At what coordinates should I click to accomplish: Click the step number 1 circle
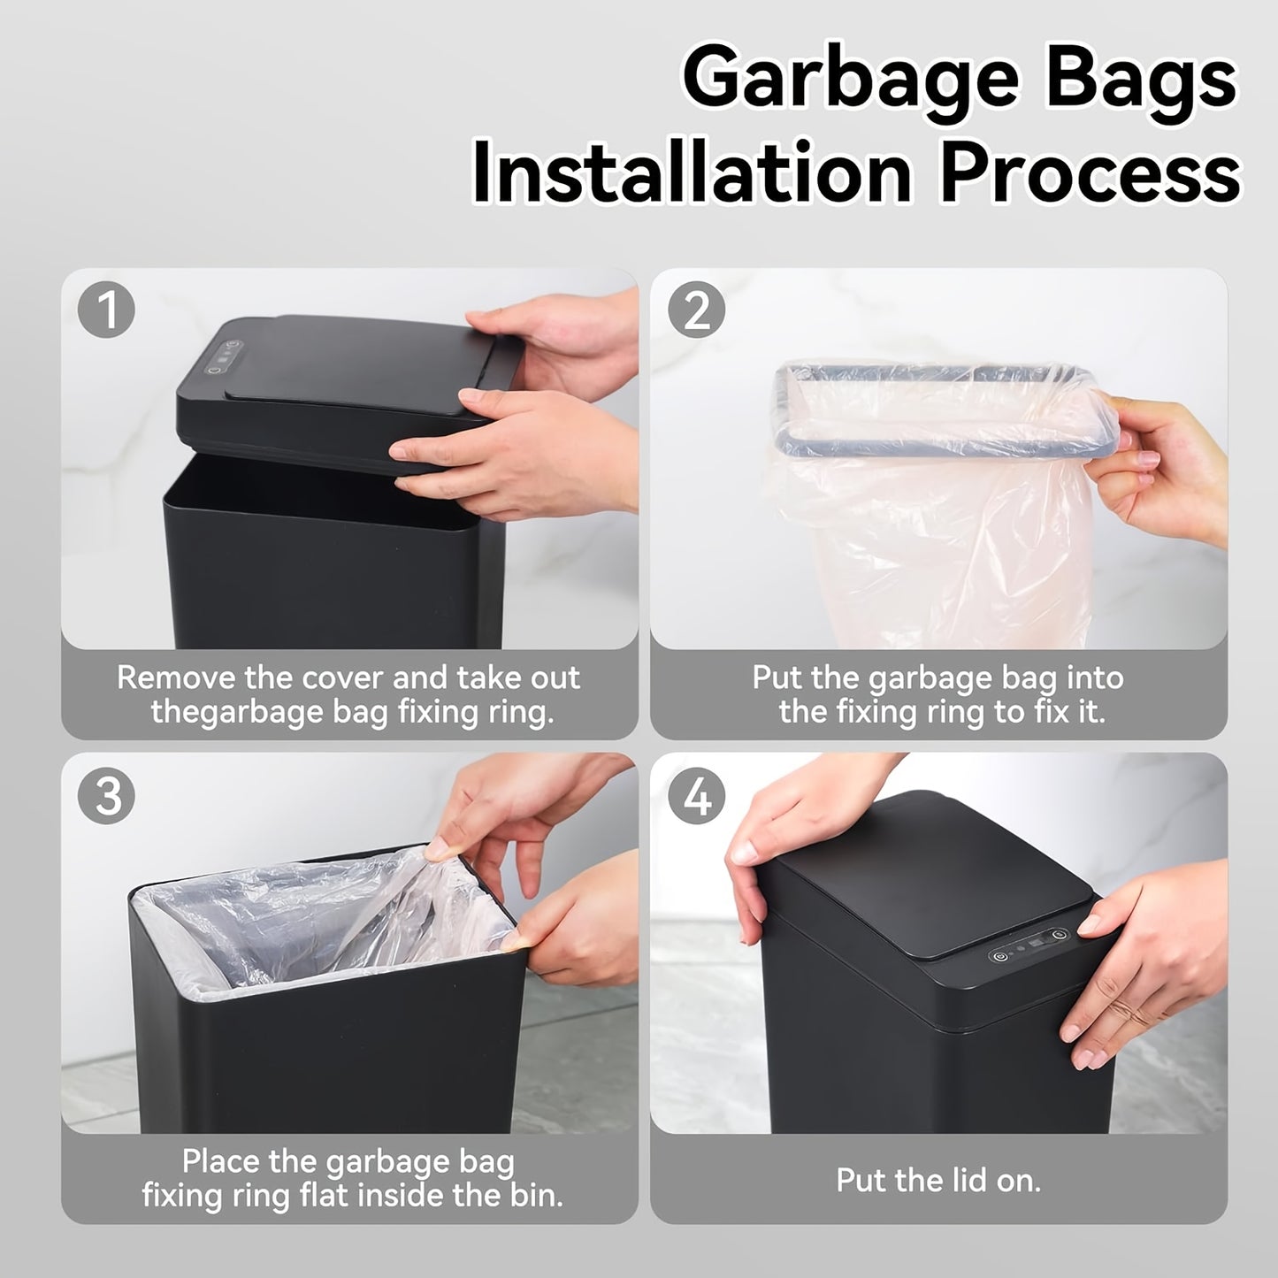(x=106, y=310)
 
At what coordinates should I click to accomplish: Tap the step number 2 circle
(x=697, y=310)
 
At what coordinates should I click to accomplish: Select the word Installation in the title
(x=692, y=172)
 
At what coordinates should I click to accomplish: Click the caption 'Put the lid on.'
(x=938, y=1180)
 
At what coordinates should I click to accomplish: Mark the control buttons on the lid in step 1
(x=224, y=356)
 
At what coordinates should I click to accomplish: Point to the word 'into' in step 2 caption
(x=1094, y=677)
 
